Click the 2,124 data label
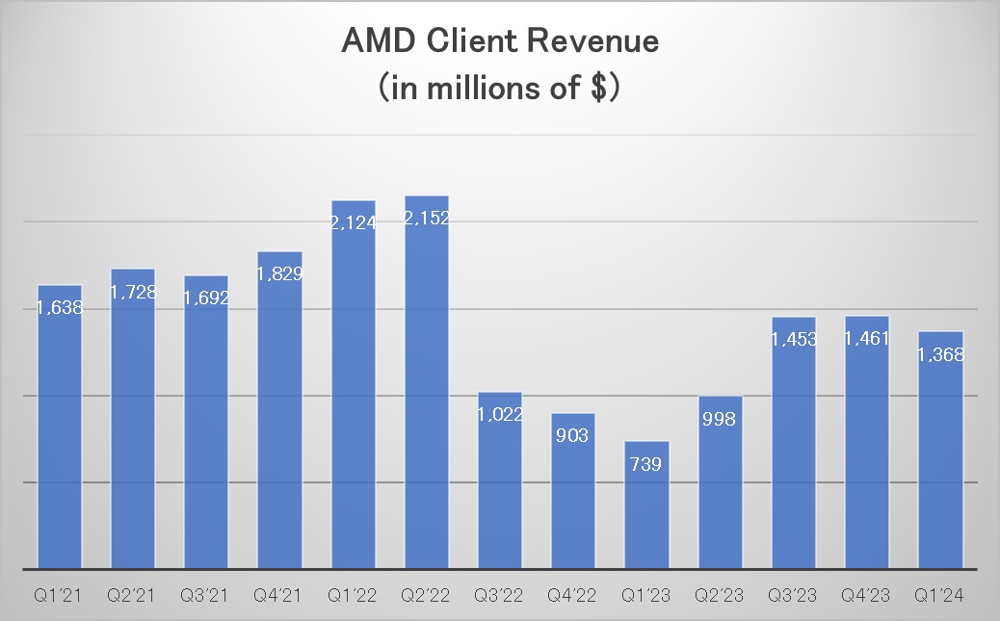(354, 223)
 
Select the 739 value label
(646, 464)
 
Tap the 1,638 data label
(60, 308)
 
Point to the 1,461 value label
(867, 339)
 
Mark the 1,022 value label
(500, 415)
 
